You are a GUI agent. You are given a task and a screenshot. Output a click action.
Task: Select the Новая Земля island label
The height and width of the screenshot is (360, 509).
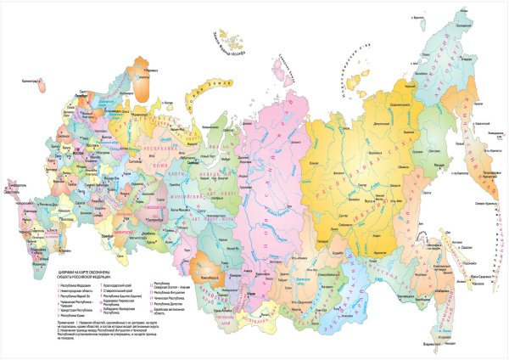(209, 84)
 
